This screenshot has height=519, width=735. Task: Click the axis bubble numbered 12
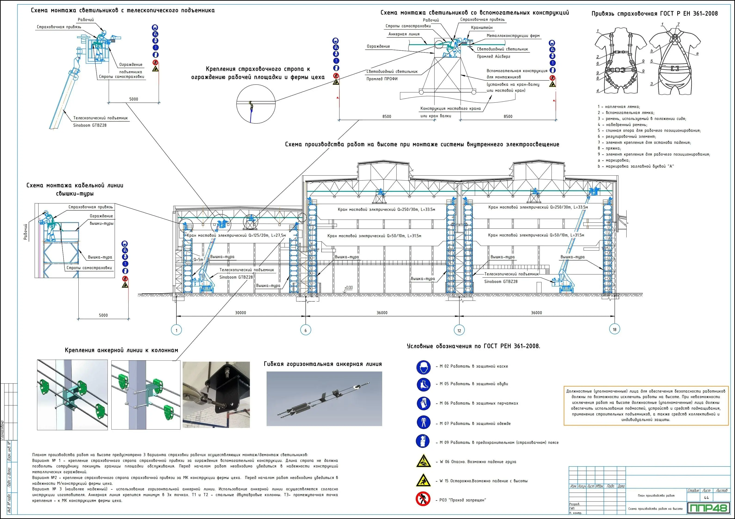(459, 330)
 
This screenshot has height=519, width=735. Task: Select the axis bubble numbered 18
(614, 329)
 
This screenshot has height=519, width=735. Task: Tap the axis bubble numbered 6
(305, 330)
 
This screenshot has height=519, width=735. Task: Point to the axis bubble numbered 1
(176, 330)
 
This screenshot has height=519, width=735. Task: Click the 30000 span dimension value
(240, 313)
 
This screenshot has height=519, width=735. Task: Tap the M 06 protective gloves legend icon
(423, 403)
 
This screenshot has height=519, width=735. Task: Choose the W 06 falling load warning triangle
(423, 461)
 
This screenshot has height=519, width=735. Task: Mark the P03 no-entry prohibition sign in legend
(423, 499)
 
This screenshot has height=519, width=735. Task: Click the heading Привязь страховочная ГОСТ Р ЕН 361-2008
(654, 13)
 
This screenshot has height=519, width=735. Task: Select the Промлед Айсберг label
(493, 56)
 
